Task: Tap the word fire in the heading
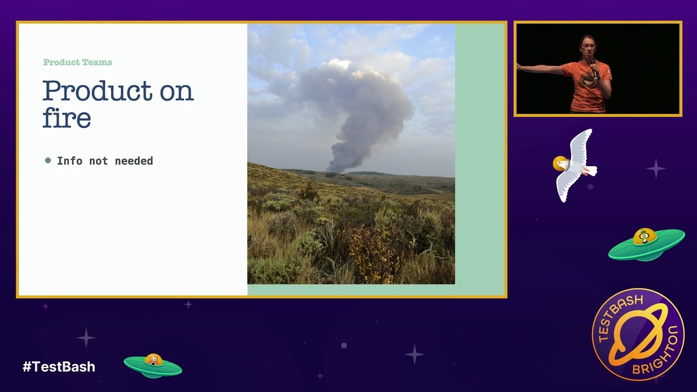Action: [67, 118]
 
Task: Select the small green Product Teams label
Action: [78, 62]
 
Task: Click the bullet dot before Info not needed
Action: [48, 161]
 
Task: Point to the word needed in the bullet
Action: [134, 161]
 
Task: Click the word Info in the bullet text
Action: [69, 161]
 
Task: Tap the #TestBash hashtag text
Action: [59, 367]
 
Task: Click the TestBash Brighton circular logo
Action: [638, 334]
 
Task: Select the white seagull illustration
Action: [574, 165]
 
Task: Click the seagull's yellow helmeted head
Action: [560, 163]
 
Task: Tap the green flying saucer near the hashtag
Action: [153, 365]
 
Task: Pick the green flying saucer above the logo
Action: [647, 244]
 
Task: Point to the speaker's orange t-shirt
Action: [587, 86]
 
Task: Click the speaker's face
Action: [587, 50]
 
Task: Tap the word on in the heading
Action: [177, 93]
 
